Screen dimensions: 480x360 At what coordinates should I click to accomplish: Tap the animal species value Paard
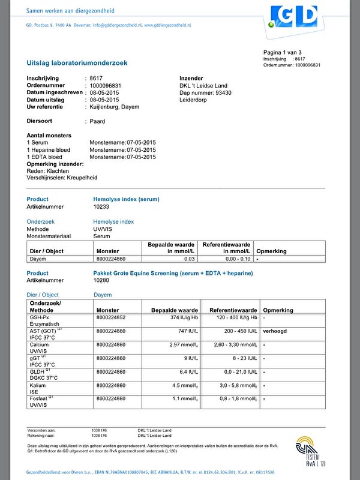(97, 121)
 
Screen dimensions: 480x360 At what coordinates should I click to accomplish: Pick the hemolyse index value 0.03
(189, 259)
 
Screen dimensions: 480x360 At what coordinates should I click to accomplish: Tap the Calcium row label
(38, 345)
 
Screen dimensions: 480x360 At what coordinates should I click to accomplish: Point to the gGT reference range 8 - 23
(244, 358)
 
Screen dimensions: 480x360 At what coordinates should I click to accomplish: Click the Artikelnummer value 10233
(101, 206)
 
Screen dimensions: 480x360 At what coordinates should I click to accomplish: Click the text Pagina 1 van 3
(282, 53)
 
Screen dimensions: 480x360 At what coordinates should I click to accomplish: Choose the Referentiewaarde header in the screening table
(233, 310)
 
